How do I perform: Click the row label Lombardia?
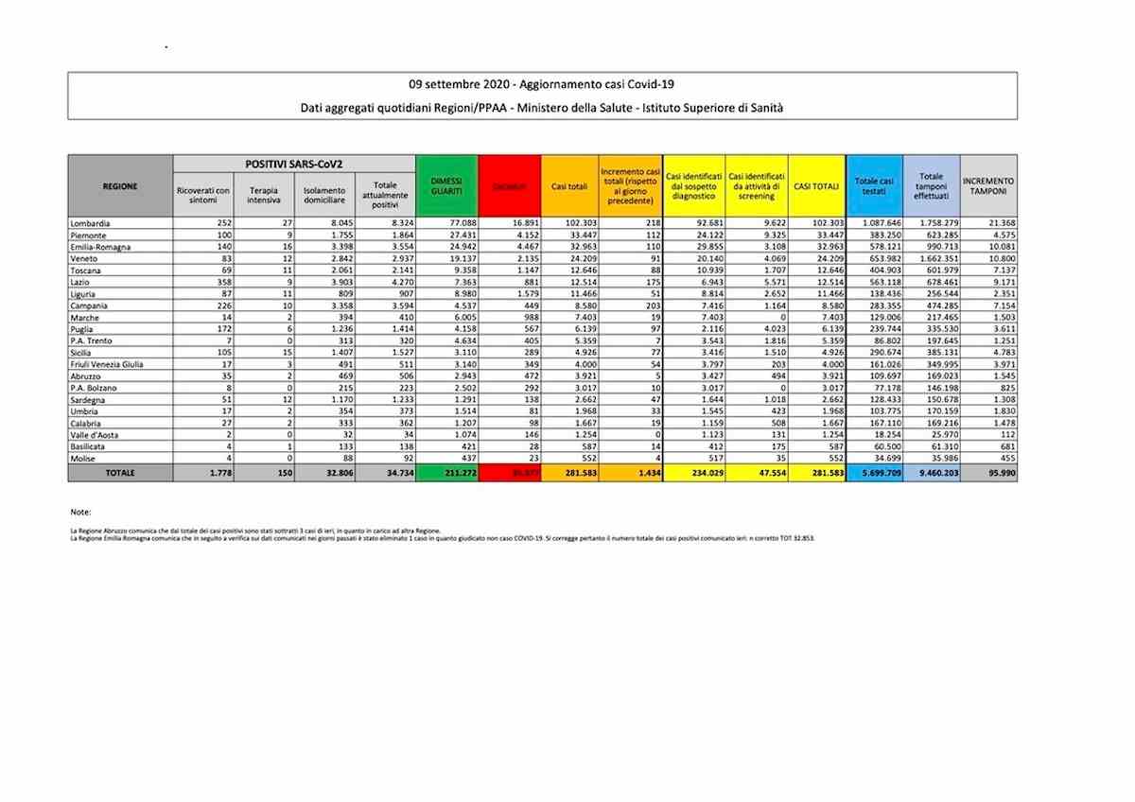(91, 222)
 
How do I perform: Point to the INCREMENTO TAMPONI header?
(988, 185)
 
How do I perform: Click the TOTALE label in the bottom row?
(119, 472)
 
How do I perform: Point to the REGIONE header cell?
(120, 186)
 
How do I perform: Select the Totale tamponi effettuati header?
(931, 186)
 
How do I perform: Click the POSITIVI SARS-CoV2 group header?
(294, 164)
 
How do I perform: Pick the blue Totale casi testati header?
(874, 185)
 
